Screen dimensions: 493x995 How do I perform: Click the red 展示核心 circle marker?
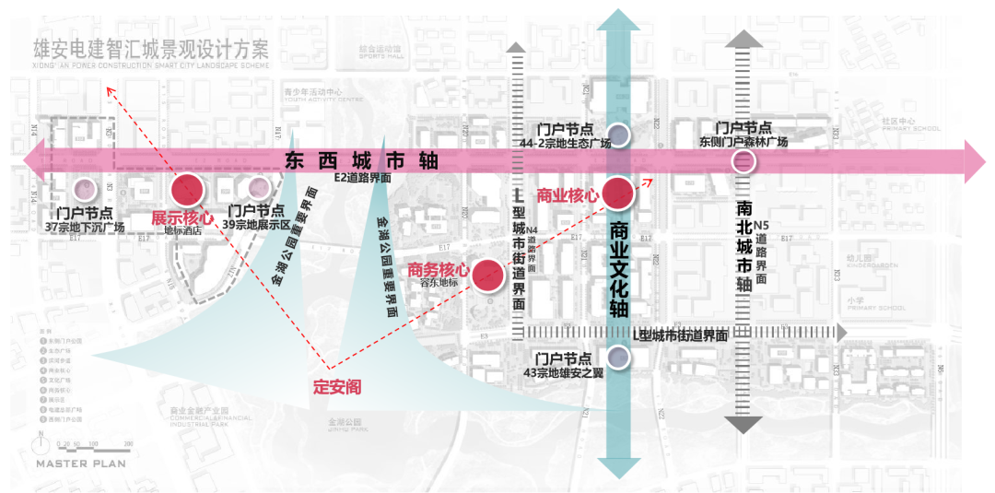[187, 189]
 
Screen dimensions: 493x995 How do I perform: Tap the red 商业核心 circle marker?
[618, 193]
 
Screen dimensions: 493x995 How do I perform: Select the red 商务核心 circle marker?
[487, 275]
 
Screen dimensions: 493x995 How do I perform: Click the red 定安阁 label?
[337, 388]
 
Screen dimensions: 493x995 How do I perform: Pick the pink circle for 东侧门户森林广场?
[743, 162]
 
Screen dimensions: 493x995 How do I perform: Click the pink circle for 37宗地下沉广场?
[85, 189]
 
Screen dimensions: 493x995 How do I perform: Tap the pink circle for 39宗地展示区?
[257, 189]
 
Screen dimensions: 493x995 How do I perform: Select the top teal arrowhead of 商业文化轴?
[618, 20]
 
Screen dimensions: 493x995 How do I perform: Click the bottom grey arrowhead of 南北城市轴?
[743, 424]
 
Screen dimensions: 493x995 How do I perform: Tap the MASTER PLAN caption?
[81, 464]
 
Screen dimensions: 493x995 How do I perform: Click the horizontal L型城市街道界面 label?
[681, 336]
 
